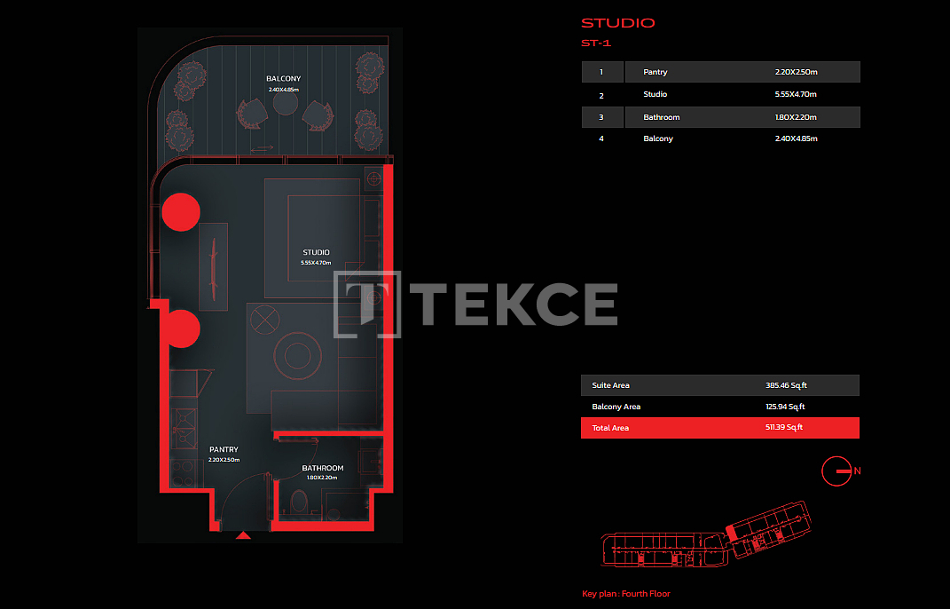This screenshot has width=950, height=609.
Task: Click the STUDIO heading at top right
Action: (618, 23)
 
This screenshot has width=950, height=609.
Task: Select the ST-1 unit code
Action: (596, 43)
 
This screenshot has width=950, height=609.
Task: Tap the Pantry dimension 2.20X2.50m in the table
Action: (797, 72)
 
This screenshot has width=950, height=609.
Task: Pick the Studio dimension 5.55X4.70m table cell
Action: (797, 95)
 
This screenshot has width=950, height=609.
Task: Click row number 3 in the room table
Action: (601, 117)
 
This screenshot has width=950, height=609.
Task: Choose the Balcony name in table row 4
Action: (658, 138)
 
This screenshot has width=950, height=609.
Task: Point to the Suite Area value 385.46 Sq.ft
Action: (787, 386)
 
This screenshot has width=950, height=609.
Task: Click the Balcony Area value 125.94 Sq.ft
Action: (785, 407)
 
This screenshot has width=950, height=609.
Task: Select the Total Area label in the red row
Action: (610, 428)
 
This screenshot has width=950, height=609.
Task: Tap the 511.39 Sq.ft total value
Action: (784, 428)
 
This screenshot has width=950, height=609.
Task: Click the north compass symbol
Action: (836, 471)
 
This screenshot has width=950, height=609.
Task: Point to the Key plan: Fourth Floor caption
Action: (626, 594)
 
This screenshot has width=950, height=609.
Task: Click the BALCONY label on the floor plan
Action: (284, 79)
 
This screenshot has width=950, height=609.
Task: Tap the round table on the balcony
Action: (285, 103)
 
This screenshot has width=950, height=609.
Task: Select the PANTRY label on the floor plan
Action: (224, 449)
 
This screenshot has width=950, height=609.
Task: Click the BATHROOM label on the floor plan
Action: (322, 468)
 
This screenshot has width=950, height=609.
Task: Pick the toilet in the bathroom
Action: (299, 502)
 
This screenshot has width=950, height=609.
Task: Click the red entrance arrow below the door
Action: (243, 535)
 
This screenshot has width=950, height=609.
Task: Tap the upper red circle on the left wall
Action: (181, 212)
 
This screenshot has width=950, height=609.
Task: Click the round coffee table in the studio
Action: (297, 355)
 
